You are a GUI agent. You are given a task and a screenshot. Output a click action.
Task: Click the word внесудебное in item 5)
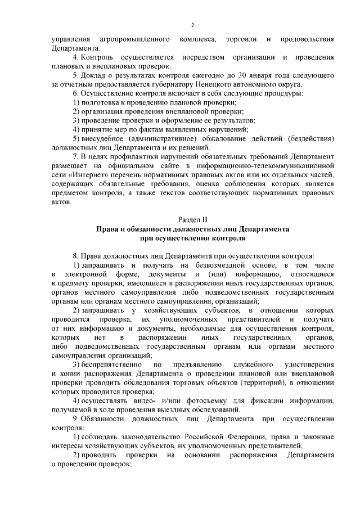point(104,138)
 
